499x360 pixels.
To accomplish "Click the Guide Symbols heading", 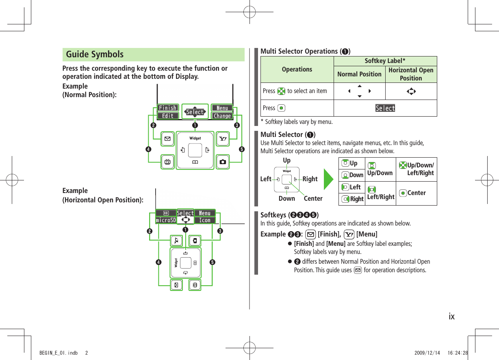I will pyautogui.click(x=95, y=54).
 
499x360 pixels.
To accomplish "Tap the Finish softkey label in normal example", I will pyautogui.click(x=167, y=108).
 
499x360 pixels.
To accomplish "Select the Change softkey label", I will pyautogui.click(x=222, y=116).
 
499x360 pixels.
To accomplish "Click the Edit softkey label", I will pyautogui.click(x=167, y=116).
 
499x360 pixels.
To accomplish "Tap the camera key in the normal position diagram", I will pyautogui.click(x=223, y=162).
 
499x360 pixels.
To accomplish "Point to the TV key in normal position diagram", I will pyautogui.click(x=167, y=162).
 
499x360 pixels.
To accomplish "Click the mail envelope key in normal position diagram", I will pyautogui.click(x=167, y=139).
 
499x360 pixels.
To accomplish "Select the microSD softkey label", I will pyautogui.click(x=166, y=220).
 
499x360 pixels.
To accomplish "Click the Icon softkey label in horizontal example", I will pyautogui.click(x=205, y=220).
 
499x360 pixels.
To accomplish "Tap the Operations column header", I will pyautogui.click(x=297, y=69).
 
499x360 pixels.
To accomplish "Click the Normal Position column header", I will pyautogui.click(x=359, y=74).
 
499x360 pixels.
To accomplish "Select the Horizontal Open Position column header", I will pyautogui.click(x=411, y=74).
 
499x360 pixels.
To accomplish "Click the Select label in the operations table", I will pyautogui.click(x=385, y=108).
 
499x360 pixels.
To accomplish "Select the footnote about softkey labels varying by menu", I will pyautogui.click(x=297, y=122).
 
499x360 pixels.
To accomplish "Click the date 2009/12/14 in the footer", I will pyautogui.click(x=430, y=353).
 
